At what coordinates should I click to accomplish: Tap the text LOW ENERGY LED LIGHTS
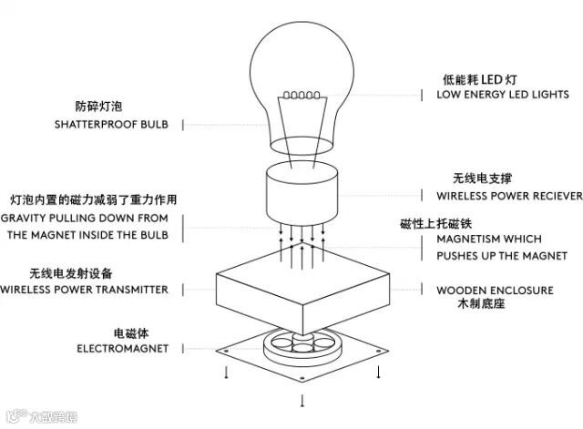tap(503, 95)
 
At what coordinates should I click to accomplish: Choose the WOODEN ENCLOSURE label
tap(495, 291)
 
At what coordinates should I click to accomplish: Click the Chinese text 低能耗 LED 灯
tap(473, 78)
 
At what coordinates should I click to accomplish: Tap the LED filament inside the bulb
tap(301, 93)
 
